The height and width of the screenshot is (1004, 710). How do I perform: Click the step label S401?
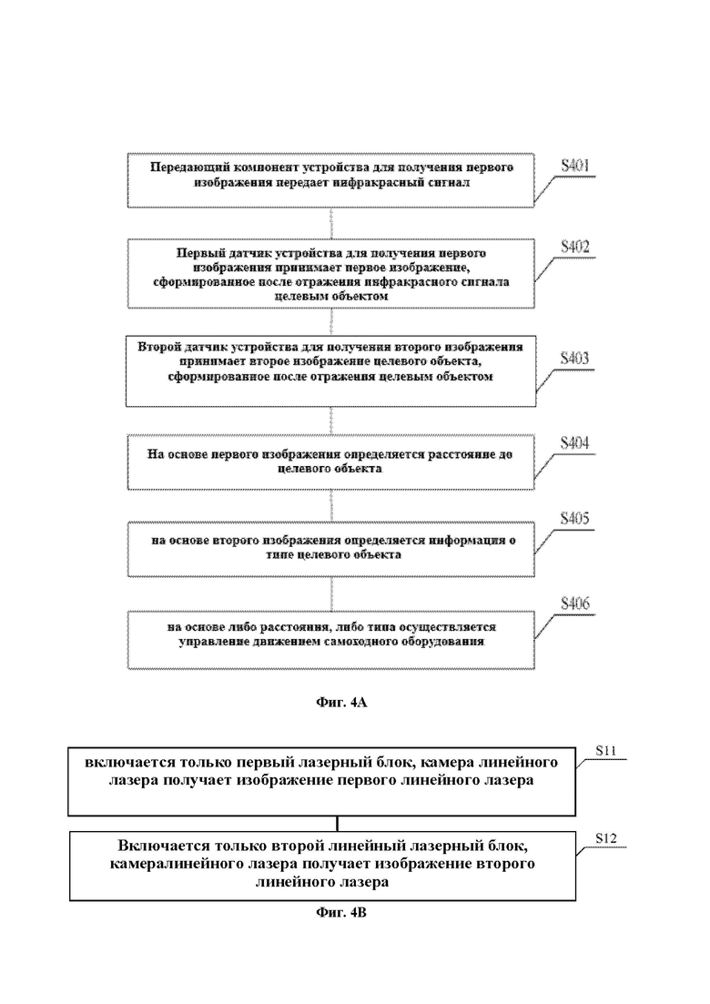575,166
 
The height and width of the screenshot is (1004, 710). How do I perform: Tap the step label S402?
575,248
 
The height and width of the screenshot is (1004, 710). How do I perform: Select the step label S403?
574,359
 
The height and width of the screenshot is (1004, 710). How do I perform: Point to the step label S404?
574,443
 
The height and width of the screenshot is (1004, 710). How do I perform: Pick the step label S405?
574,519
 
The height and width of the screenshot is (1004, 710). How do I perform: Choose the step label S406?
575,603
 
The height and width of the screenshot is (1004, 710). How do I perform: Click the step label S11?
605,750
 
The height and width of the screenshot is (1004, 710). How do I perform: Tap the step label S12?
605,838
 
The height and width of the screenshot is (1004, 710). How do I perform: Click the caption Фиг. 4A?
341,703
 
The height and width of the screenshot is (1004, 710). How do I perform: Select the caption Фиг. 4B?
341,912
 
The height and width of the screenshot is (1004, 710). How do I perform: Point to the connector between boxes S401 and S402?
331,224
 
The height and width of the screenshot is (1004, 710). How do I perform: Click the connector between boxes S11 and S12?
338,824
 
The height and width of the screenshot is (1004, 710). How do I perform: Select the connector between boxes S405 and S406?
331,594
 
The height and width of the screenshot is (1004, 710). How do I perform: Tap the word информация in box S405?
465,541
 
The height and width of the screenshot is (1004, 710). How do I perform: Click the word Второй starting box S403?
157,347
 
